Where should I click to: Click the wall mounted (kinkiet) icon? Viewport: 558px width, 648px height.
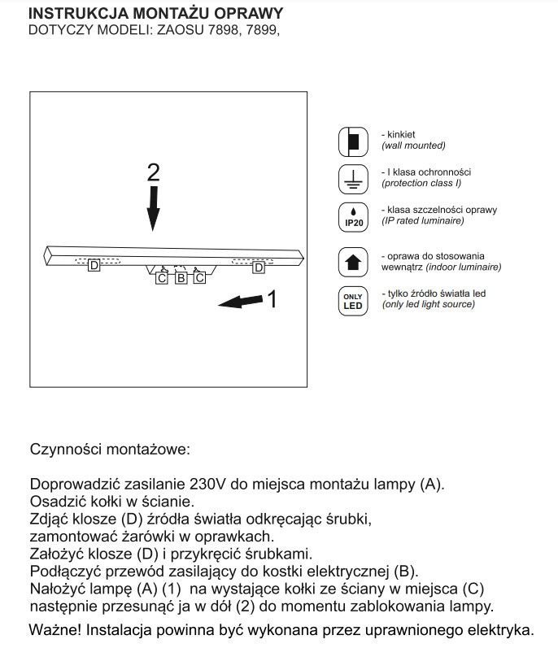353,141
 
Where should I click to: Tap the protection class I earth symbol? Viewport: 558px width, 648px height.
353,178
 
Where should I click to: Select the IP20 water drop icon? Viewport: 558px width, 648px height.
353,216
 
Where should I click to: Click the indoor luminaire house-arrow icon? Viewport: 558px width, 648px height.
353,262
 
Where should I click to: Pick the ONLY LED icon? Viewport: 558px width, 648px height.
353,300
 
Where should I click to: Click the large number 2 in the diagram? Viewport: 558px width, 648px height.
154,173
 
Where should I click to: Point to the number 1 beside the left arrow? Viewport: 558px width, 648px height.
272,301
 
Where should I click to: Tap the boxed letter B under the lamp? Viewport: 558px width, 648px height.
181,279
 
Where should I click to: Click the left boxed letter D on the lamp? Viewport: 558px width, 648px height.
94,266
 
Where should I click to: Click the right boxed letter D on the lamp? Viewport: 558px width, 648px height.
259,267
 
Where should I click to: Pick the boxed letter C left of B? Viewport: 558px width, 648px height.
162,279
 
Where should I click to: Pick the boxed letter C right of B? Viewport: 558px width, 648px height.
199,279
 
